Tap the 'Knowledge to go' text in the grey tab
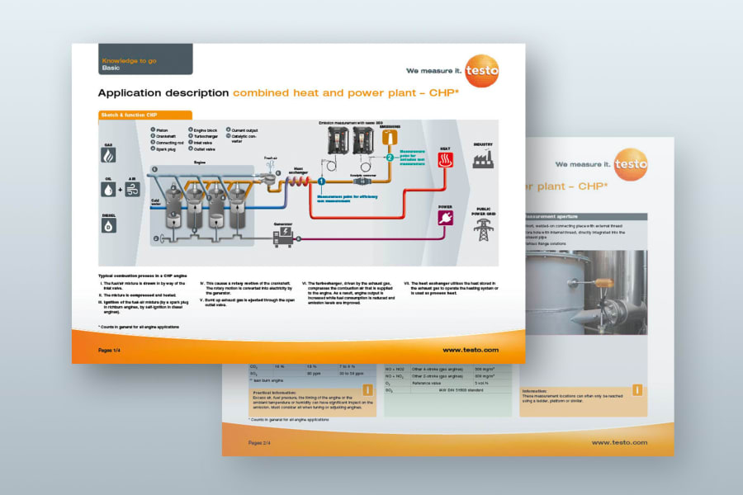pyautogui.click(x=129, y=61)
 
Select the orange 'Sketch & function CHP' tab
pyautogui.click(x=144, y=115)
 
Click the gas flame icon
pyautogui.click(x=109, y=154)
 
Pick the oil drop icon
pyautogui.click(x=109, y=189)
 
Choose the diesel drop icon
pyautogui.click(x=109, y=224)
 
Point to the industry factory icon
pyautogui.click(x=483, y=158)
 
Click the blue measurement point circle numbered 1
pyautogui.click(x=322, y=180)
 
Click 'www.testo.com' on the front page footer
pyautogui.click(x=471, y=350)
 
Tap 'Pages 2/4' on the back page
pyautogui.click(x=263, y=442)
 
